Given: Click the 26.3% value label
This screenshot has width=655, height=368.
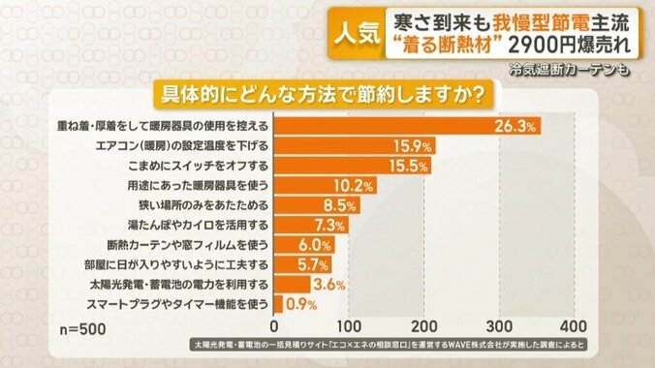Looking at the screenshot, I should [516, 126].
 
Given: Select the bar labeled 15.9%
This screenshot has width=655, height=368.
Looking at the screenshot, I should [354, 145].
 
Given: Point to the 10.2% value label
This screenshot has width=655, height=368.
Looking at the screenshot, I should [353, 185].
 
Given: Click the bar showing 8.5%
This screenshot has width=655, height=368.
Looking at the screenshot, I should [306, 205].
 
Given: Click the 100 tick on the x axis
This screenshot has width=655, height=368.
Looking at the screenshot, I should [350, 323].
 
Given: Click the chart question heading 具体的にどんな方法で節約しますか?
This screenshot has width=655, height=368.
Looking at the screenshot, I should [327, 96].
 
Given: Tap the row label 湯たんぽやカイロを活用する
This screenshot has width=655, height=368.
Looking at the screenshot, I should [193, 225].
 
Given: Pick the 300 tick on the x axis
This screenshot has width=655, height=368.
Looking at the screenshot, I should [499, 323].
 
